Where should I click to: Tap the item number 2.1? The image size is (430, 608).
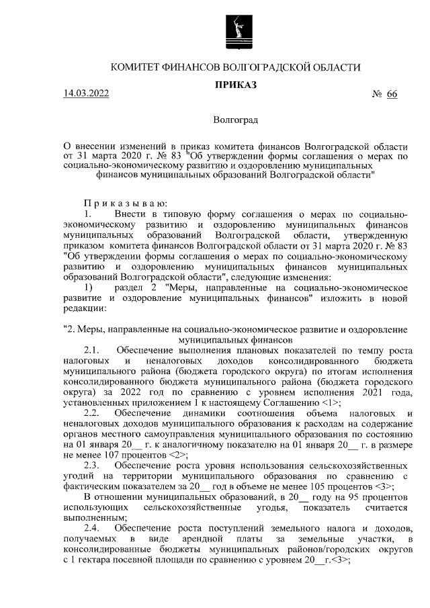[x=91, y=349]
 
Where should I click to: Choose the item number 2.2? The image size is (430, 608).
[x=91, y=412]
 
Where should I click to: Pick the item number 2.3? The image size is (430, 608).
[x=91, y=465]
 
